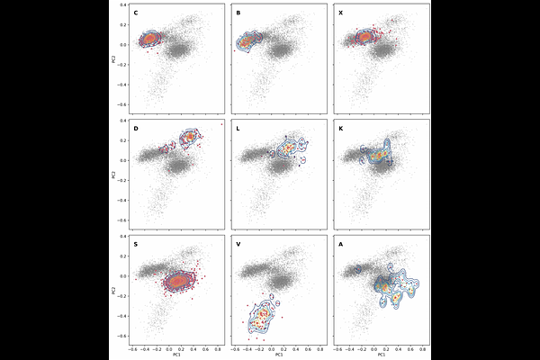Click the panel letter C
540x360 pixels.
pyautogui.click(x=136, y=13)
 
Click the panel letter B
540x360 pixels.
pyautogui.click(x=238, y=13)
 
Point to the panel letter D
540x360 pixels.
pyautogui.click(x=136, y=129)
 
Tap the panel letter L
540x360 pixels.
pyautogui.click(x=238, y=129)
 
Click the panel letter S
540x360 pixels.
pyautogui.click(x=136, y=244)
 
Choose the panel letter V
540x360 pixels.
pyautogui.click(x=238, y=244)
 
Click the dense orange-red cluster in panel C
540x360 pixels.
pyautogui.click(x=149, y=39)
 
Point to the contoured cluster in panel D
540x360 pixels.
pyautogui.click(x=190, y=138)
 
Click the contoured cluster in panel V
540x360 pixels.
pyautogui.click(x=261, y=315)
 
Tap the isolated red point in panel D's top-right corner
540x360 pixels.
pyautogui.click(x=221, y=123)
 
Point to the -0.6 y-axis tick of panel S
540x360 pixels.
pyautogui.click(x=122, y=336)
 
